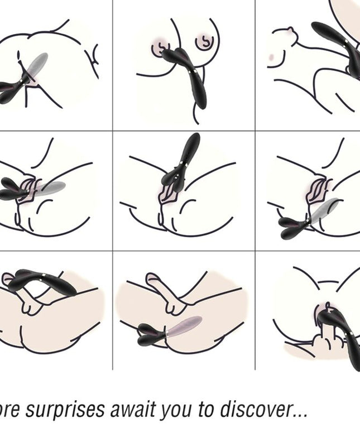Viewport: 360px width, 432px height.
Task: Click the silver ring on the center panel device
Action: click(x=185, y=164)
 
